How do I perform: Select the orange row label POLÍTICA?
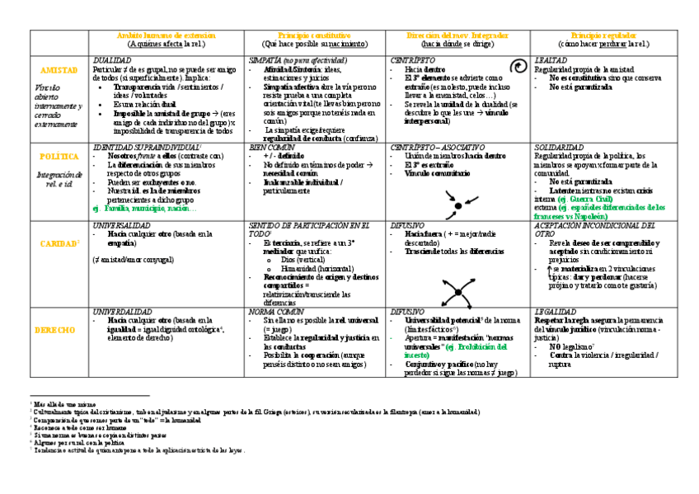[59, 156]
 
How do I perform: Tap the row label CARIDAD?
[58, 244]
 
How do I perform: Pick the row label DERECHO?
[59, 330]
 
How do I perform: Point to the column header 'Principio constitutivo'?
[314, 36]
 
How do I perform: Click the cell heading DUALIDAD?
[112, 61]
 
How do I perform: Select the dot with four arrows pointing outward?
[455, 289]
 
